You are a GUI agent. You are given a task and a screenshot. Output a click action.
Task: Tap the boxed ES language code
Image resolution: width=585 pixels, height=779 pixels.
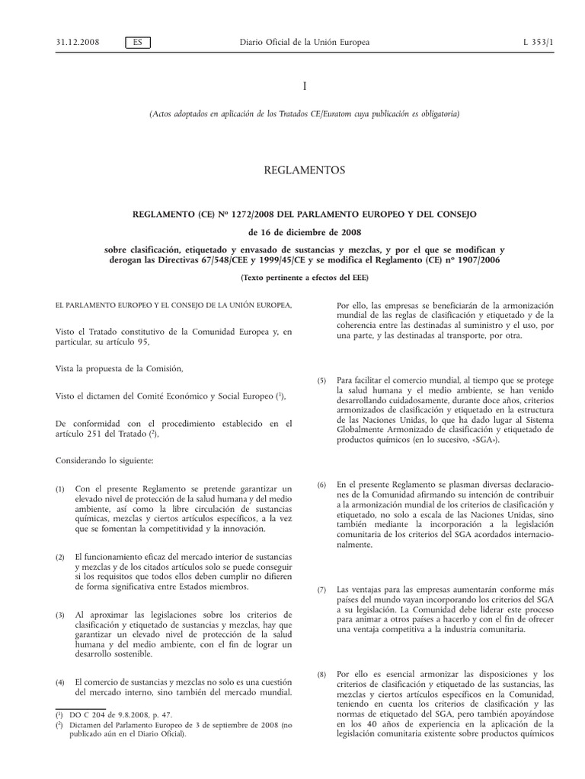[x=137, y=42]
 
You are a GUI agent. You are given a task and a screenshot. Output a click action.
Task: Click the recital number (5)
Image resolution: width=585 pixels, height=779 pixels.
[x=322, y=380]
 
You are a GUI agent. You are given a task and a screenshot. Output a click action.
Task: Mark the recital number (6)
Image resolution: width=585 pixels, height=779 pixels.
[x=322, y=485]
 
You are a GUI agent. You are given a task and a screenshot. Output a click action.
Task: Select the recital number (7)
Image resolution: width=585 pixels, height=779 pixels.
[x=322, y=590]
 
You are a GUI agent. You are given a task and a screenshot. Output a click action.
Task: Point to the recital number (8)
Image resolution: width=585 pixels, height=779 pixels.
[x=322, y=675]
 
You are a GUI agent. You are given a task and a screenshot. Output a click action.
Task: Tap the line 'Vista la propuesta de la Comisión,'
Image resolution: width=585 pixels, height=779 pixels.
[x=120, y=369]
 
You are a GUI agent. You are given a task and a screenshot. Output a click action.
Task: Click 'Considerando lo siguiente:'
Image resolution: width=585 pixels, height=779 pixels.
[x=104, y=462]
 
